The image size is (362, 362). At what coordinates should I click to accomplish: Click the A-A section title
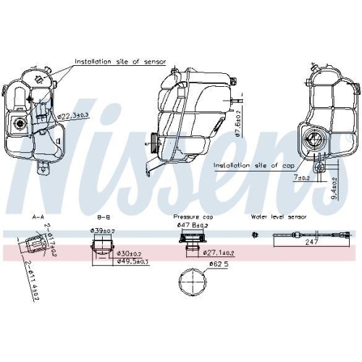pyautogui.click(x=38, y=216)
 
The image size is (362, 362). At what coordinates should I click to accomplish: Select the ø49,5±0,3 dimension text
pyautogui.click(x=134, y=261)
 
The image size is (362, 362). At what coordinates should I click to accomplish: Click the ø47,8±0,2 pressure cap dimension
pyautogui.click(x=191, y=226)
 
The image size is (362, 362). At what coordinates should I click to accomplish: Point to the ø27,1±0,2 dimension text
pyautogui.click(x=219, y=253)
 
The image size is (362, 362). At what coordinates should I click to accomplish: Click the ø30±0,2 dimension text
pyautogui.click(x=130, y=253)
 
